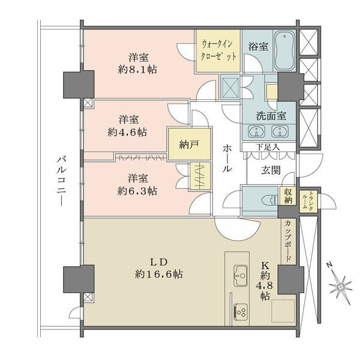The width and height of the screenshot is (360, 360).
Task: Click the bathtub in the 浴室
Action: tap(284, 50)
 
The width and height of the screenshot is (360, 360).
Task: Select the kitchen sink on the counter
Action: tap(241, 275)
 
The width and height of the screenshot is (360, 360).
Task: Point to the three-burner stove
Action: tap(241, 311)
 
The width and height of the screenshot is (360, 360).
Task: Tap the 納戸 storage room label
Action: tap(189, 145)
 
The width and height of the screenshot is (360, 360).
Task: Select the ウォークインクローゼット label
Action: tap(218, 50)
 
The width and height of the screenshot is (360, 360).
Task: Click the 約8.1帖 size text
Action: tap(137, 70)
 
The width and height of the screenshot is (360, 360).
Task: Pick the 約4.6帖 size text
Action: tap(127, 133)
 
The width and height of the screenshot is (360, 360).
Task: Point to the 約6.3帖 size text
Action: tap(137, 191)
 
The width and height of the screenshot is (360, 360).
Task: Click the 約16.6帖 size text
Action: tap(159, 274)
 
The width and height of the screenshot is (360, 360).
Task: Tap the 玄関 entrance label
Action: tap(271, 170)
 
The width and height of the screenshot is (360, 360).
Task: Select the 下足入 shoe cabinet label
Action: tap(268, 147)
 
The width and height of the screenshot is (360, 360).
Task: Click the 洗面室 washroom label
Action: tap(271, 116)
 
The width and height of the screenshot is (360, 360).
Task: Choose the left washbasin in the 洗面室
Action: tap(256, 131)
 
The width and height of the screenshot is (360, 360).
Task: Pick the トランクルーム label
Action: tap(308, 200)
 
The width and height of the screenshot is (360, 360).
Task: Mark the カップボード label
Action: tap(288, 241)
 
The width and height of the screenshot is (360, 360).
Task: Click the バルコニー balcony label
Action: tap(61, 181)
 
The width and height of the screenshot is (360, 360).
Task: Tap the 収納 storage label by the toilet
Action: tap(288, 196)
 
